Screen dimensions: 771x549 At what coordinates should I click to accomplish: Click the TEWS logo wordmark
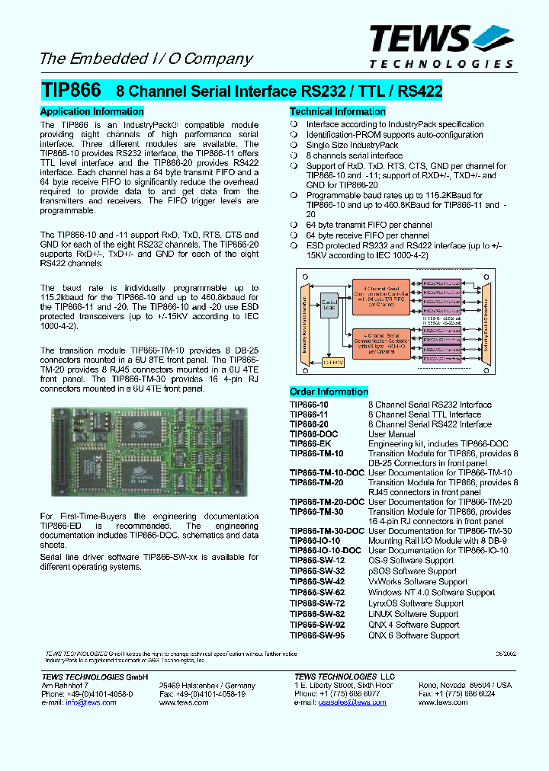(421, 38)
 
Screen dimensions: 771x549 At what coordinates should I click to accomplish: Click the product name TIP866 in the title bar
(70, 91)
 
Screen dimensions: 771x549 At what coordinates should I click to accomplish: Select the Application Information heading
(91, 111)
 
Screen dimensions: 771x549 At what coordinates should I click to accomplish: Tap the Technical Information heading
(337, 111)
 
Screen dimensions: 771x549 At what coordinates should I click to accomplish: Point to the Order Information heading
(329, 392)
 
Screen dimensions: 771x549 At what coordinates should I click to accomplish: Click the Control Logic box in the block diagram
(330, 306)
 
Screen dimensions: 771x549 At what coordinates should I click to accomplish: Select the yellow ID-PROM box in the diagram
(332, 363)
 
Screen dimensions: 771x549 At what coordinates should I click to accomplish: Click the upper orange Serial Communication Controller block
(384, 293)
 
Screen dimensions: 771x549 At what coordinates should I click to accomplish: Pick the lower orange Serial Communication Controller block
(384, 341)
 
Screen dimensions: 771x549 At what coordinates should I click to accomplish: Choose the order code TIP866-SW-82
(317, 614)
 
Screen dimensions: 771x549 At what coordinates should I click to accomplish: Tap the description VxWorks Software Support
(418, 582)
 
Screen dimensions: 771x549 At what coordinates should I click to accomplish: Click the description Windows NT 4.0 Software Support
(432, 593)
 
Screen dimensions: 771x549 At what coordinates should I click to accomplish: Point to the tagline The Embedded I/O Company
(146, 59)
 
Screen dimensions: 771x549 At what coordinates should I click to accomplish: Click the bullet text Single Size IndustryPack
(352, 145)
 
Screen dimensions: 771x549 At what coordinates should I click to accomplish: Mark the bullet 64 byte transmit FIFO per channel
(369, 226)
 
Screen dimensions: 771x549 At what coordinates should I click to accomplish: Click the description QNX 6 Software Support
(413, 635)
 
